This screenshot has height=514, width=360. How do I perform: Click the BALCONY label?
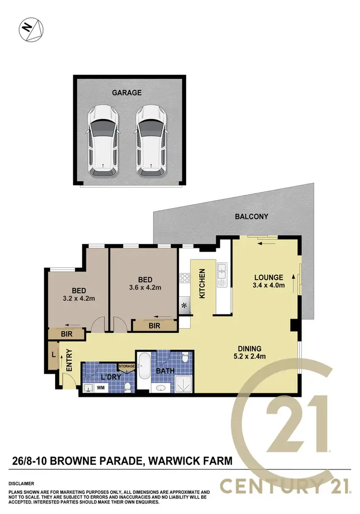tap(252, 217)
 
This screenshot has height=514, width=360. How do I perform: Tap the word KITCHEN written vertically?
tap(203, 284)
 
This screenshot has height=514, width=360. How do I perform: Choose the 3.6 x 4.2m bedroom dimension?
tap(145, 288)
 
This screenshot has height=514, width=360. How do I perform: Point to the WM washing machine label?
tap(101, 387)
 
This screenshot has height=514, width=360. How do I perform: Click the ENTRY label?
tap(69, 360)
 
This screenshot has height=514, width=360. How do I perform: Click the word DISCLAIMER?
tap(22, 484)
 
